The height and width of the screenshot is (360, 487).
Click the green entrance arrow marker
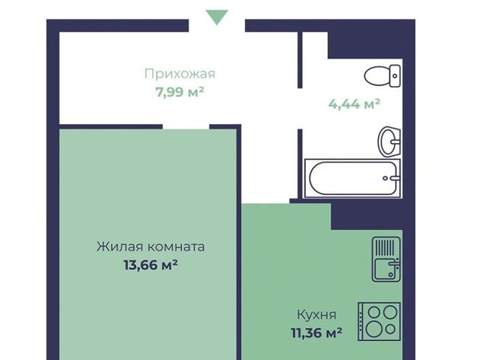217,16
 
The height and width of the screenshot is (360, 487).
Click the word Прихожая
180,74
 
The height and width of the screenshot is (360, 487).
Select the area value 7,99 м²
180,92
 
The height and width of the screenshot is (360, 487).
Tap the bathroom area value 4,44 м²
354,104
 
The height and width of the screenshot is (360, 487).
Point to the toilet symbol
382,76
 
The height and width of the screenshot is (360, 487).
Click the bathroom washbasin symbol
389,142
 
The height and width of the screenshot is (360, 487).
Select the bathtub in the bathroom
352,178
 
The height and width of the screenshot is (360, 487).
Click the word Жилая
120,247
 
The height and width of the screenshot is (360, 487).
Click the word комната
176,247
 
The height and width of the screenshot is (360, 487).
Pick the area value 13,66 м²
151,265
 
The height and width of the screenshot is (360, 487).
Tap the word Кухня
317,315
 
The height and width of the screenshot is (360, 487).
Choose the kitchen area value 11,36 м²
317,333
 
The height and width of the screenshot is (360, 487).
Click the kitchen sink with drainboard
387,260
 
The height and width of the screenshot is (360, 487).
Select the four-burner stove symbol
379,321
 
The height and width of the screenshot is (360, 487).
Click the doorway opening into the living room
186,127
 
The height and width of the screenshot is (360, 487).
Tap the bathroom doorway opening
300,108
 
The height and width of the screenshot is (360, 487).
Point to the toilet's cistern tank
395,76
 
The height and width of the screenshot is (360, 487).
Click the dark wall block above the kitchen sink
367,217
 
